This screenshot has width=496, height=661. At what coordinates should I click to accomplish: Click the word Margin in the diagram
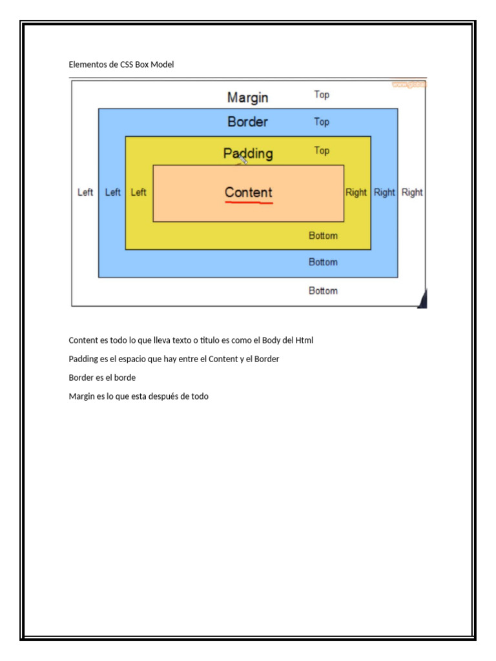(248, 97)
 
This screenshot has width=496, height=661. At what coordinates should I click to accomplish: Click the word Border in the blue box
(247, 121)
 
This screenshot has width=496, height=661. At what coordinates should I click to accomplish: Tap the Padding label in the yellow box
(248, 154)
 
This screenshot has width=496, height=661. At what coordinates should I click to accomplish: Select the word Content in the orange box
(249, 192)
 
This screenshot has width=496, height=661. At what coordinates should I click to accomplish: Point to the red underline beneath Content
(249, 203)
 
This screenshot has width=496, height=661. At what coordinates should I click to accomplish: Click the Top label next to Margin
(322, 95)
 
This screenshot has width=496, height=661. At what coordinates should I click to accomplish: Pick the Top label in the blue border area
(322, 122)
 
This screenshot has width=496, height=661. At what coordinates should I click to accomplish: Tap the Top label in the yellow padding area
(322, 150)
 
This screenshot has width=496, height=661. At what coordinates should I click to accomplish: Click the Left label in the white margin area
(85, 192)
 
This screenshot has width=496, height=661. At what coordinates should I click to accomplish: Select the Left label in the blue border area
(112, 192)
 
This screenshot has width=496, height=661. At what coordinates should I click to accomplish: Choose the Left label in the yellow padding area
(138, 192)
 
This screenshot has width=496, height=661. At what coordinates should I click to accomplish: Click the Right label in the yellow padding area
(356, 192)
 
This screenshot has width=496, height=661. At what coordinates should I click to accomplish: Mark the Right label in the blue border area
(384, 192)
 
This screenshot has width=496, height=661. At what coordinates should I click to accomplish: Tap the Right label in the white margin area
(412, 192)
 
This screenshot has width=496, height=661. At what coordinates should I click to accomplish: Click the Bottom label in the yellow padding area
(323, 236)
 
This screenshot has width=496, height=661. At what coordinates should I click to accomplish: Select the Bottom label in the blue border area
(323, 262)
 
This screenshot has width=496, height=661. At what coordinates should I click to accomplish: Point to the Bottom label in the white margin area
(323, 290)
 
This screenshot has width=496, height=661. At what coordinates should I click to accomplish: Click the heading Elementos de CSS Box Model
(121, 65)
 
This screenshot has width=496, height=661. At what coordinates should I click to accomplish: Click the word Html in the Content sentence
(305, 340)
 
